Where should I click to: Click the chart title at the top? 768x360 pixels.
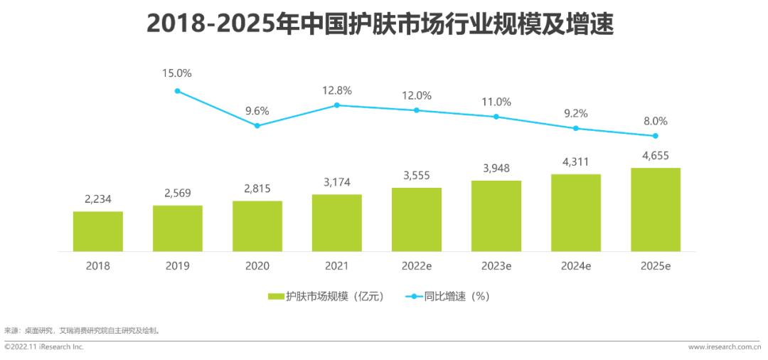380,23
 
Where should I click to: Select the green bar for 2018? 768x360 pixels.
97,231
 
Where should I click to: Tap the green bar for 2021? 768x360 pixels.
336,223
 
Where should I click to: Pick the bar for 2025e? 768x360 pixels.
655,210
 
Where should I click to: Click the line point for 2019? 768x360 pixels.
177,91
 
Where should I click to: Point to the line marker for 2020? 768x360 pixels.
257,126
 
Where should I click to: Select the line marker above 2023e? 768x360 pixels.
496,117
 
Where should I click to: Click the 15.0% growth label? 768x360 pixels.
177,73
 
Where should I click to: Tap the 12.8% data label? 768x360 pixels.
336,90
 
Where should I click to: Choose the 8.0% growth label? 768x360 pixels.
655,121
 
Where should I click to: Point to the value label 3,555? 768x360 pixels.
416,176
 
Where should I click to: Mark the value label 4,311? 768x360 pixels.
575,162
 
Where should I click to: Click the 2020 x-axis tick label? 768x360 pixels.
257,266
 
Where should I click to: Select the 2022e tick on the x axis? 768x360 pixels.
416,266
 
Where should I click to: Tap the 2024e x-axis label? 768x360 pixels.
575,266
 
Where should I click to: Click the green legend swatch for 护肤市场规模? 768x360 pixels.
276,297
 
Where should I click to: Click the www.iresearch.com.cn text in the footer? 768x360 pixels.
725,347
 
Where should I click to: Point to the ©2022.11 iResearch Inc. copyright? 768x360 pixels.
44,347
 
